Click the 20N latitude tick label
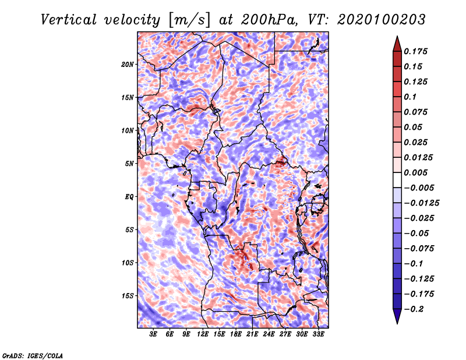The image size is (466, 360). click(128, 64)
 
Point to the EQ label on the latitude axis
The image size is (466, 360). click(129, 196)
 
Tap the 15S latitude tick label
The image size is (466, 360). click(128, 296)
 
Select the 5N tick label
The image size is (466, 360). click(129, 164)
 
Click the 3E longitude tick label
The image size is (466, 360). click(153, 334)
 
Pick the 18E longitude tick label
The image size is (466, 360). click(236, 334)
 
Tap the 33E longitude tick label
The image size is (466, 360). click(318, 334)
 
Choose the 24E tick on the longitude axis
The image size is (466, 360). click(269, 334)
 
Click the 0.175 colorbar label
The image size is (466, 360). click(415, 51)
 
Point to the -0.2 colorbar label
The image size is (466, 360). click(414, 309)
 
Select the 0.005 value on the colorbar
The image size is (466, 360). click(415, 172)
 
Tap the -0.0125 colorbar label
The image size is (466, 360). click(421, 203)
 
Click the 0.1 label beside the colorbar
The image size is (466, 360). click(410, 97)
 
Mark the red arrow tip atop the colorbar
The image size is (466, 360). click(397, 36)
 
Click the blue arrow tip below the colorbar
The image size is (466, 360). click(397, 323)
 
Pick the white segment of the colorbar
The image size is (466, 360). click(397, 180)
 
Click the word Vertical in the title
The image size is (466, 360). click(69, 20)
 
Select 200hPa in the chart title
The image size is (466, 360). click(269, 20)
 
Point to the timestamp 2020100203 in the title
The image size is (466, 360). click(382, 20)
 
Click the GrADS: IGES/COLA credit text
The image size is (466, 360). click(33, 356)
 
